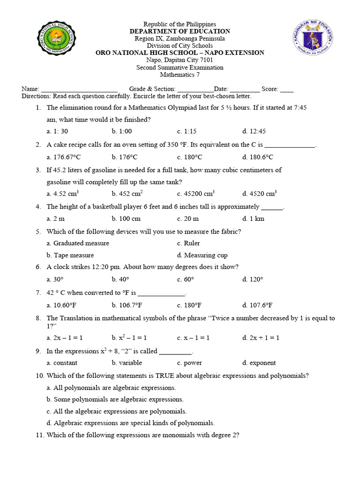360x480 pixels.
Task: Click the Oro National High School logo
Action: (55, 42)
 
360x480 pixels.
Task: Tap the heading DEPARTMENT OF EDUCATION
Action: (180, 31)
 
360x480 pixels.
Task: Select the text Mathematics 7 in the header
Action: (180, 75)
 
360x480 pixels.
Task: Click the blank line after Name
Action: (79, 90)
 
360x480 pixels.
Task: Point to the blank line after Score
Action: (286, 90)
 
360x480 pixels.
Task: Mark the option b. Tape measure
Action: (70, 255)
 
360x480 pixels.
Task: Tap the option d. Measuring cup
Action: (202, 255)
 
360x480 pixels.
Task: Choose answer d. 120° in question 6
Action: (253, 279)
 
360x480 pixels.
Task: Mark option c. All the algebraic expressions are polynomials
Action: (117, 411)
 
